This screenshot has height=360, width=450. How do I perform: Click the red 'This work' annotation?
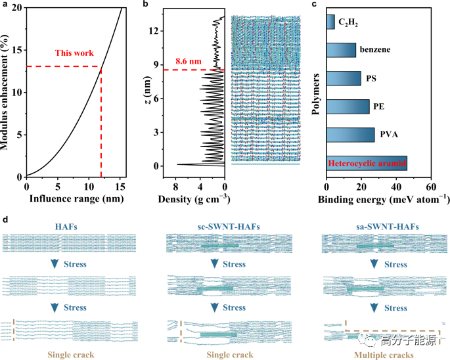[74, 53]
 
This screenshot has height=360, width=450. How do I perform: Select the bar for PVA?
[350, 135]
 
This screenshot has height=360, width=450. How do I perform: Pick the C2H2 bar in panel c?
[330, 22]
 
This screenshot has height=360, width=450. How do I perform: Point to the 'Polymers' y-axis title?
[316, 92]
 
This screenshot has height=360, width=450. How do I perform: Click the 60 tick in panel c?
[430, 185]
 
